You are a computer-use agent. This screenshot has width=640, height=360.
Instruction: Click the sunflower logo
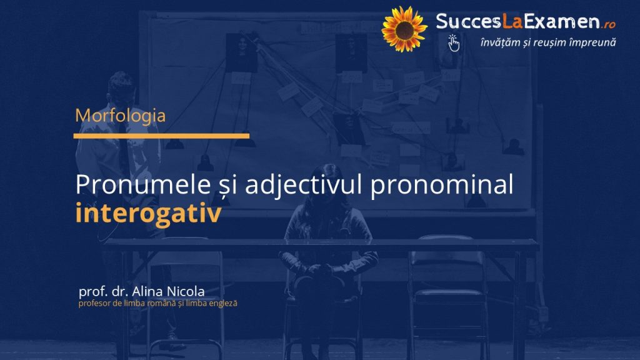click(404, 29)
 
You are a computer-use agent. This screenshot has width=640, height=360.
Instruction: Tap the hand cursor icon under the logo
click(453, 43)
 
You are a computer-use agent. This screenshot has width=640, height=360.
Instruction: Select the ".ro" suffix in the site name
click(608, 24)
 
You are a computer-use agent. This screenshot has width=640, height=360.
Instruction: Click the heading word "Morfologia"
click(121, 116)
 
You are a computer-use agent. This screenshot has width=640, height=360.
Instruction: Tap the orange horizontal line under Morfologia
click(161, 136)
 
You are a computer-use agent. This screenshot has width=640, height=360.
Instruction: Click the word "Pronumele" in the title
click(143, 184)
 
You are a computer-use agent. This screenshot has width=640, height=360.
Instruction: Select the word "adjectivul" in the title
click(303, 186)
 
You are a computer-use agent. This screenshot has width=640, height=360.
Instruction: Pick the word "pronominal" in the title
click(442, 186)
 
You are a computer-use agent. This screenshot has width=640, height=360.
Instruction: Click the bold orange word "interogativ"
click(149, 213)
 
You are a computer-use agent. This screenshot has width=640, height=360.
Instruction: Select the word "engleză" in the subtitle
click(223, 304)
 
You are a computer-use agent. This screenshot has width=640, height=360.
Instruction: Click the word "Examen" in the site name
click(562, 21)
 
